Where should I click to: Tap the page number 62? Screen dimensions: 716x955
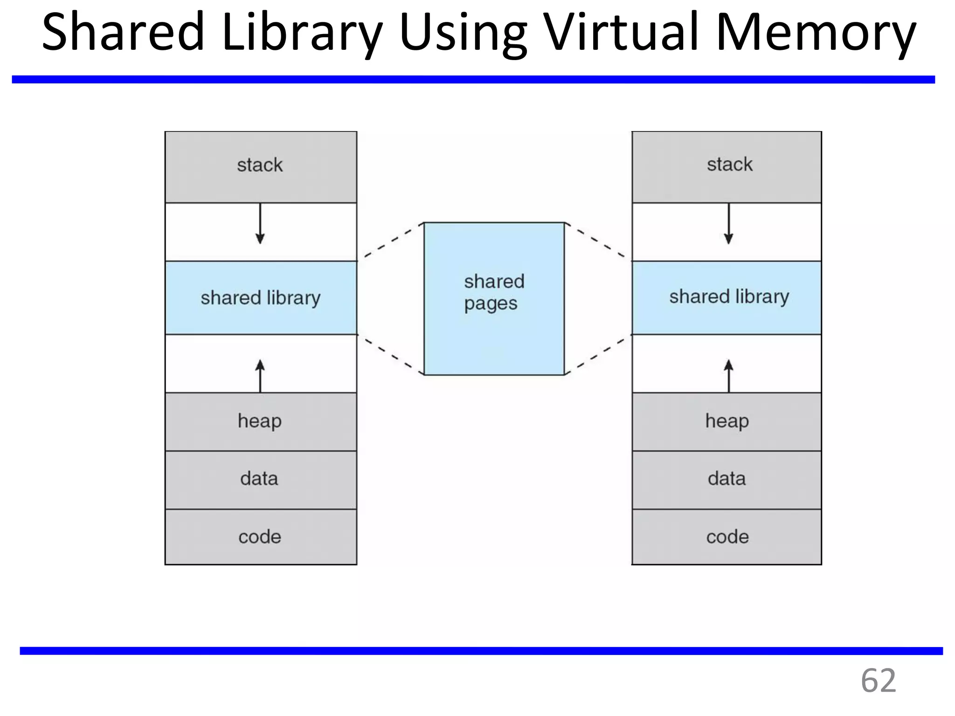[x=878, y=681]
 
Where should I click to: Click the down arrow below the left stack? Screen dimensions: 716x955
[x=260, y=224]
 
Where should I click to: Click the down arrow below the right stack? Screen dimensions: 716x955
[x=728, y=224]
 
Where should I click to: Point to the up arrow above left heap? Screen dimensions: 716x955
[x=260, y=375]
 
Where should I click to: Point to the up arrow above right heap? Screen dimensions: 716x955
[x=728, y=375]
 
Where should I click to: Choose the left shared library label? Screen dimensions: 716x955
[x=260, y=297]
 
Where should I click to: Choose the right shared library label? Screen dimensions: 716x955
[x=729, y=296]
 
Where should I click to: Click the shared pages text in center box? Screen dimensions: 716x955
[x=493, y=292]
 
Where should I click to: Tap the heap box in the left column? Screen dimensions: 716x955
[x=260, y=421]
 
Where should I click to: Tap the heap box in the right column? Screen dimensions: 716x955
[x=727, y=421]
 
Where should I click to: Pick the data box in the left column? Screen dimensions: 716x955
[x=260, y=479]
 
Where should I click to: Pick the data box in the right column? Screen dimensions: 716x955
[x=727, y=479]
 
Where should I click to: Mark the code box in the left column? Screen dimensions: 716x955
[x=260, y=537]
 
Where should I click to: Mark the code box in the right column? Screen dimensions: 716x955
[x=727, y=537]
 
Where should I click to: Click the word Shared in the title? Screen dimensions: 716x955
[x=123, y=33]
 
